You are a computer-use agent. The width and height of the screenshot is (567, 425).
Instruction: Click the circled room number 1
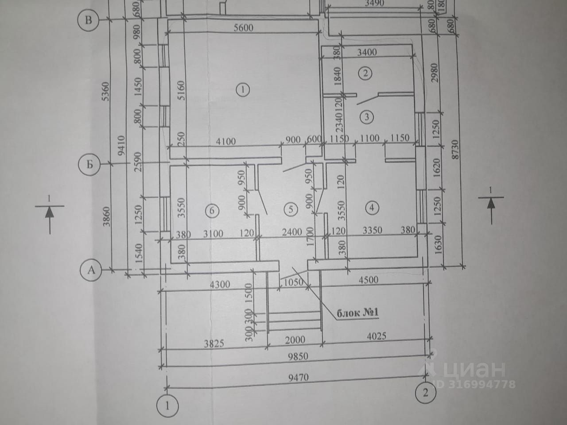tap(243, 90)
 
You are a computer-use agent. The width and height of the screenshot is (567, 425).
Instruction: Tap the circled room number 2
tap(365, 73)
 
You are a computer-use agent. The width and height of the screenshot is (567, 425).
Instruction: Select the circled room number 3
tap(367, 117)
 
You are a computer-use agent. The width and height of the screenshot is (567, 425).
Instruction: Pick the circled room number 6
tap(212, 211)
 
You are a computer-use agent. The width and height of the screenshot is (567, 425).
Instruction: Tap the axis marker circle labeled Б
tap(89, 165)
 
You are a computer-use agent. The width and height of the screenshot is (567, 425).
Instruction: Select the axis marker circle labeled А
tap(91, 270)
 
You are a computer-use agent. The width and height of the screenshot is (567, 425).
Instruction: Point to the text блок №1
tap(357, 313)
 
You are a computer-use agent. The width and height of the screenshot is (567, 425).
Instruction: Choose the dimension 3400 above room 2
tap(366, 52)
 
